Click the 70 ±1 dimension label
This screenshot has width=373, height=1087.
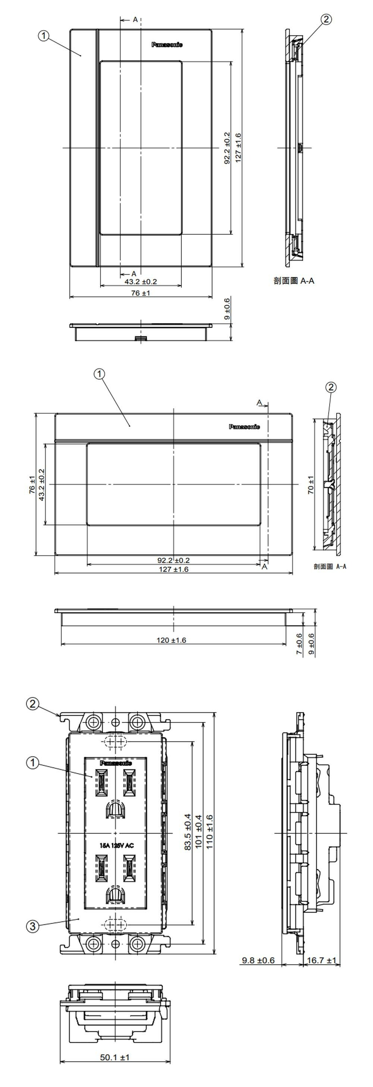[311, 485]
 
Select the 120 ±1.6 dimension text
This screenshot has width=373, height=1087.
[171, 640]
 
